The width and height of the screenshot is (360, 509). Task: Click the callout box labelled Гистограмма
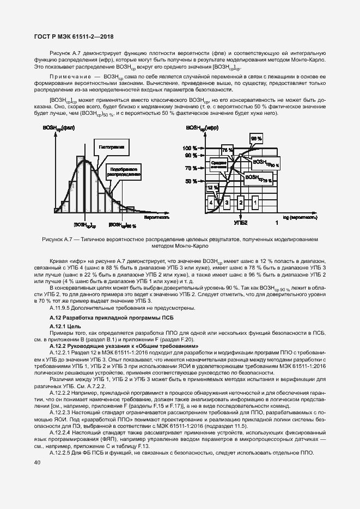pos(112,147)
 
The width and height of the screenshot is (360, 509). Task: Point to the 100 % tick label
pos(191,148)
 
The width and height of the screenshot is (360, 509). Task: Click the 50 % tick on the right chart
pos(192,181)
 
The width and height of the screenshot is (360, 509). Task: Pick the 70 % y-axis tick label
pos(192,168)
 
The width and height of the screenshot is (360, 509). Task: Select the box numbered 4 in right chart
pos(211,203)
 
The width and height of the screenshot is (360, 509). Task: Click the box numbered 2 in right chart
pos(240,203)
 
